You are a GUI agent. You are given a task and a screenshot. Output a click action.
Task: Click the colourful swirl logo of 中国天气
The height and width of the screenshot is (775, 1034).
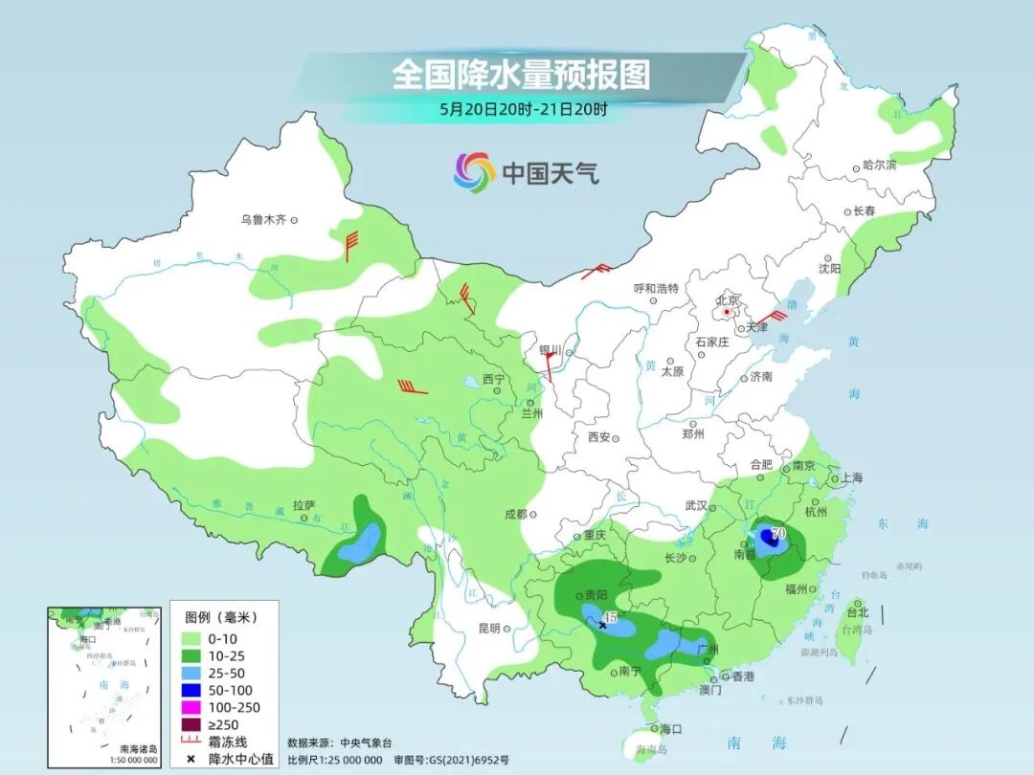point(474,172)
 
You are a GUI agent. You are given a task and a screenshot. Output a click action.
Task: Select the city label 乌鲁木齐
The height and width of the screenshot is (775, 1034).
point(263,220)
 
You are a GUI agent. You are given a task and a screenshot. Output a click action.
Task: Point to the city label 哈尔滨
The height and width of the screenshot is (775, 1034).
point(879,166)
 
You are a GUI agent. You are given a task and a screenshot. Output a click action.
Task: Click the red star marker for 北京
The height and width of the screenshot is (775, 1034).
point(728,312)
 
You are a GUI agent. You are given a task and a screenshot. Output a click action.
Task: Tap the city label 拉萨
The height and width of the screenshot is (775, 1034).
point(303,505)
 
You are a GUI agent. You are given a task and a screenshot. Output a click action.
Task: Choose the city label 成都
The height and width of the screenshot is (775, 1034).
point(515,514)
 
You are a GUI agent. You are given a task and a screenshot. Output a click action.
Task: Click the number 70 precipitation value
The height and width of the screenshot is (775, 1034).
point(777,532)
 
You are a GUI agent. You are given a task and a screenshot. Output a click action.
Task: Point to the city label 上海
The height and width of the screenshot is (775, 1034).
point(850,477)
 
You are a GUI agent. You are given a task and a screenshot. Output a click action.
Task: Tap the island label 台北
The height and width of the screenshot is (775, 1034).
point(857,612)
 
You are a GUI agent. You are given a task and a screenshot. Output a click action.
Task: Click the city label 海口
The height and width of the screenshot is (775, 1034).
point(670,729)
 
